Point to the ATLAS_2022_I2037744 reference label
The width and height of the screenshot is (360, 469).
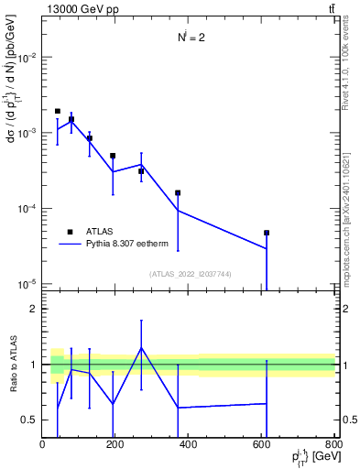[x=190, y=273]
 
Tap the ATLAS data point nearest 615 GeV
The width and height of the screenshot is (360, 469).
[x=267, y=233]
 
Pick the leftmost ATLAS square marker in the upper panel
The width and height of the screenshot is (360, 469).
[x=58, y=111]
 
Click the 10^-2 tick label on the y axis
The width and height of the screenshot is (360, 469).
[x=26, y=57]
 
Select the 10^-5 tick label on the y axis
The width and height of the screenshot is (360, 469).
[x=26, y=284]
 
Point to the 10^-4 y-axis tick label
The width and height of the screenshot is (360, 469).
[x=26, y=209]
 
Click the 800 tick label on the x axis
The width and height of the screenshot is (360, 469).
[x=333, y=444]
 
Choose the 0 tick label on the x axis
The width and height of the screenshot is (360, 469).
[x=43, y=444]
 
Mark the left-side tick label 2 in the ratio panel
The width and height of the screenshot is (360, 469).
[x=33, y=309]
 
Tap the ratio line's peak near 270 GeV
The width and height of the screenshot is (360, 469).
[x=141, y=347]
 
